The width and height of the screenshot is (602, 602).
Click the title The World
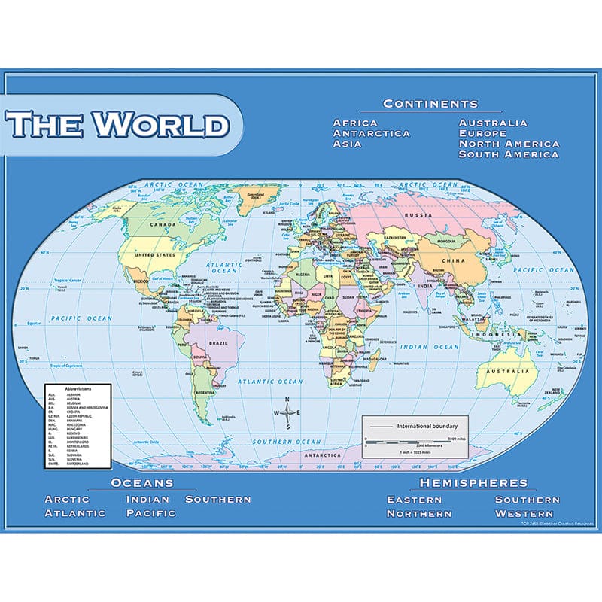tap(119, 125)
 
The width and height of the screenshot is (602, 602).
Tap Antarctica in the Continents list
tap(372, 133)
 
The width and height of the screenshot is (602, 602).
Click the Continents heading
tap(430, 104)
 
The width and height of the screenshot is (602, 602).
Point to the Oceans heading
tap(142, 482)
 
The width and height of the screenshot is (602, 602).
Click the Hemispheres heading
tap(473, 482)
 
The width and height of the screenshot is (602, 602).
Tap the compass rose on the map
tap(287, 412)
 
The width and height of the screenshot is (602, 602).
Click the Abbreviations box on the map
tap(73, 425)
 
